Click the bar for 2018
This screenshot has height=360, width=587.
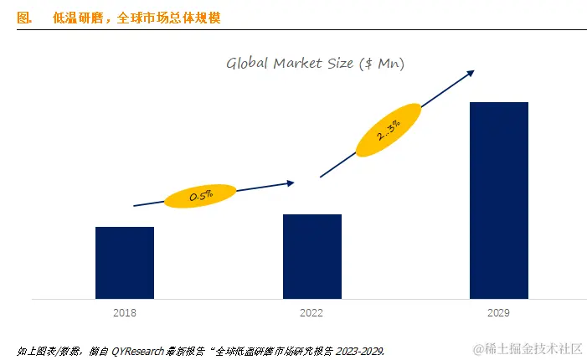[125, 262]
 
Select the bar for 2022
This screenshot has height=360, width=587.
[312, 256]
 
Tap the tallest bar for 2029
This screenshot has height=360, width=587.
[499, 200]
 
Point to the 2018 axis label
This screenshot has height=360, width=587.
[125, 312]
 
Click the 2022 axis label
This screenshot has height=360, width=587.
[312, 312]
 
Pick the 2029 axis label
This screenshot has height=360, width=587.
[499, 312]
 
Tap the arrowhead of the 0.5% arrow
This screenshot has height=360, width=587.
[291, 182]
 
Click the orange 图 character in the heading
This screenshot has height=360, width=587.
[23, 18]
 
